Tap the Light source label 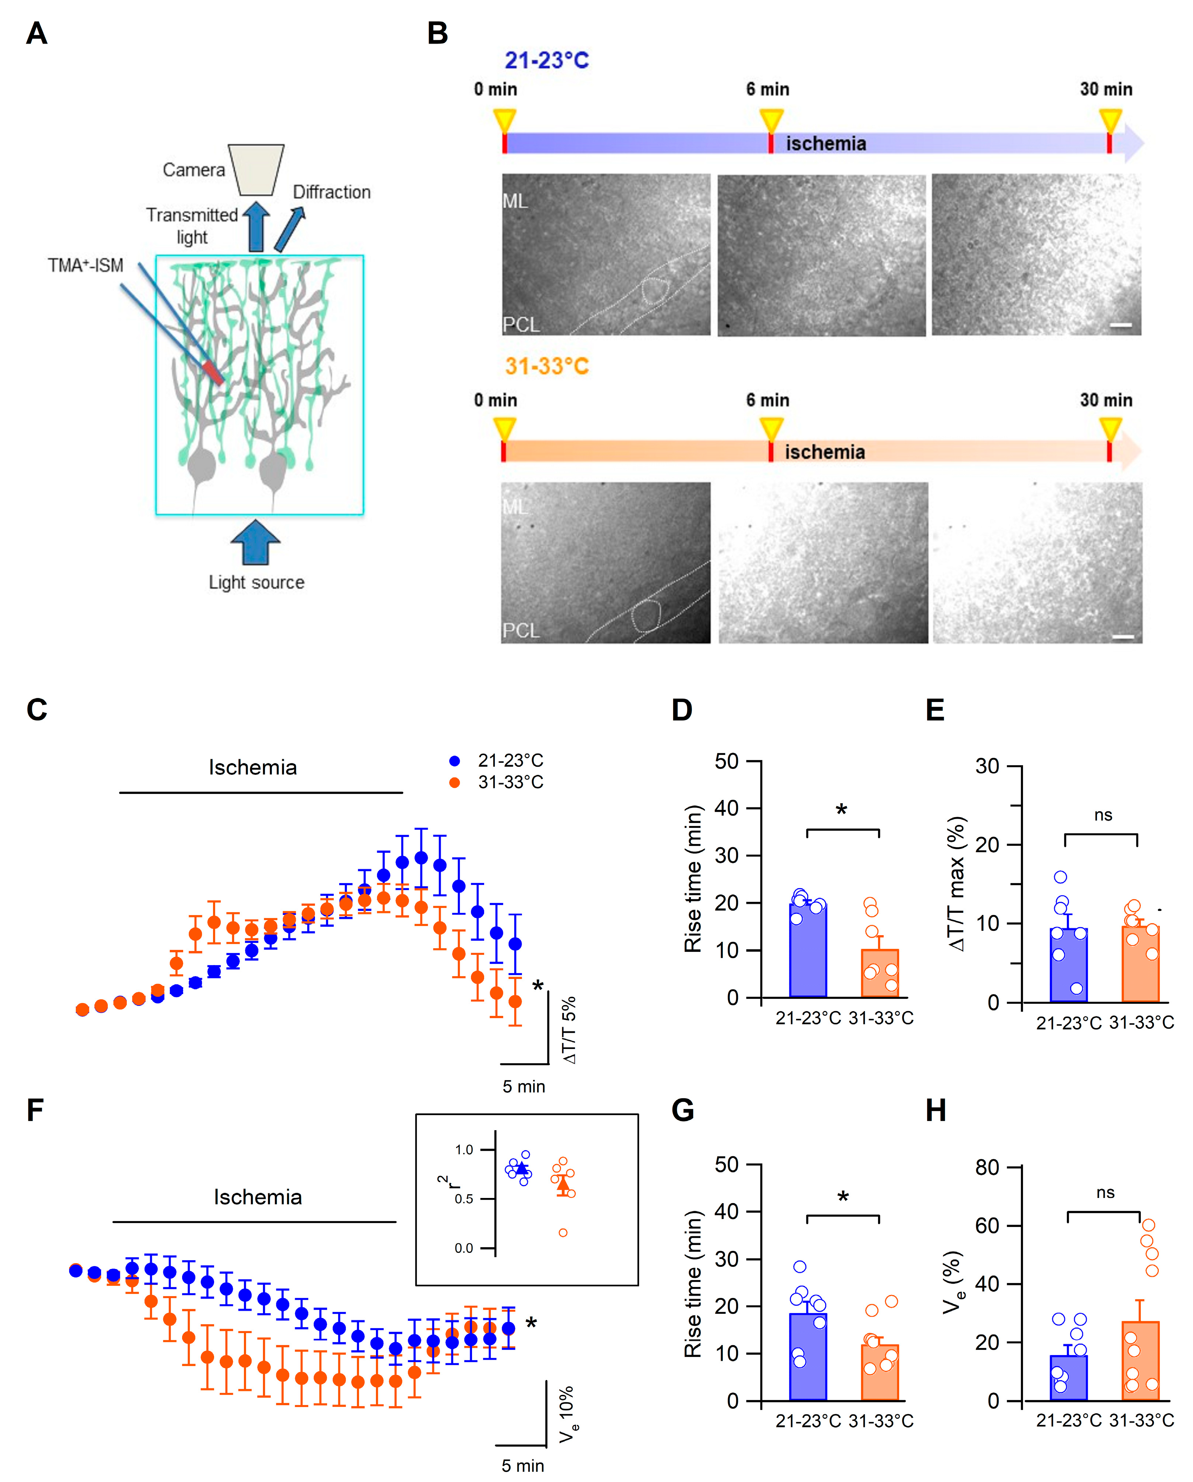pos(256,582)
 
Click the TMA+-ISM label pos(86,265)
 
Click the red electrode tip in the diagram pos(213,373)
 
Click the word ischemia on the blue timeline pos(825,143)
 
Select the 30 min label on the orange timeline pos(1106,400)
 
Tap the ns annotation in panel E pos(1103,815)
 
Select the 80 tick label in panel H pos(987,1167)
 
